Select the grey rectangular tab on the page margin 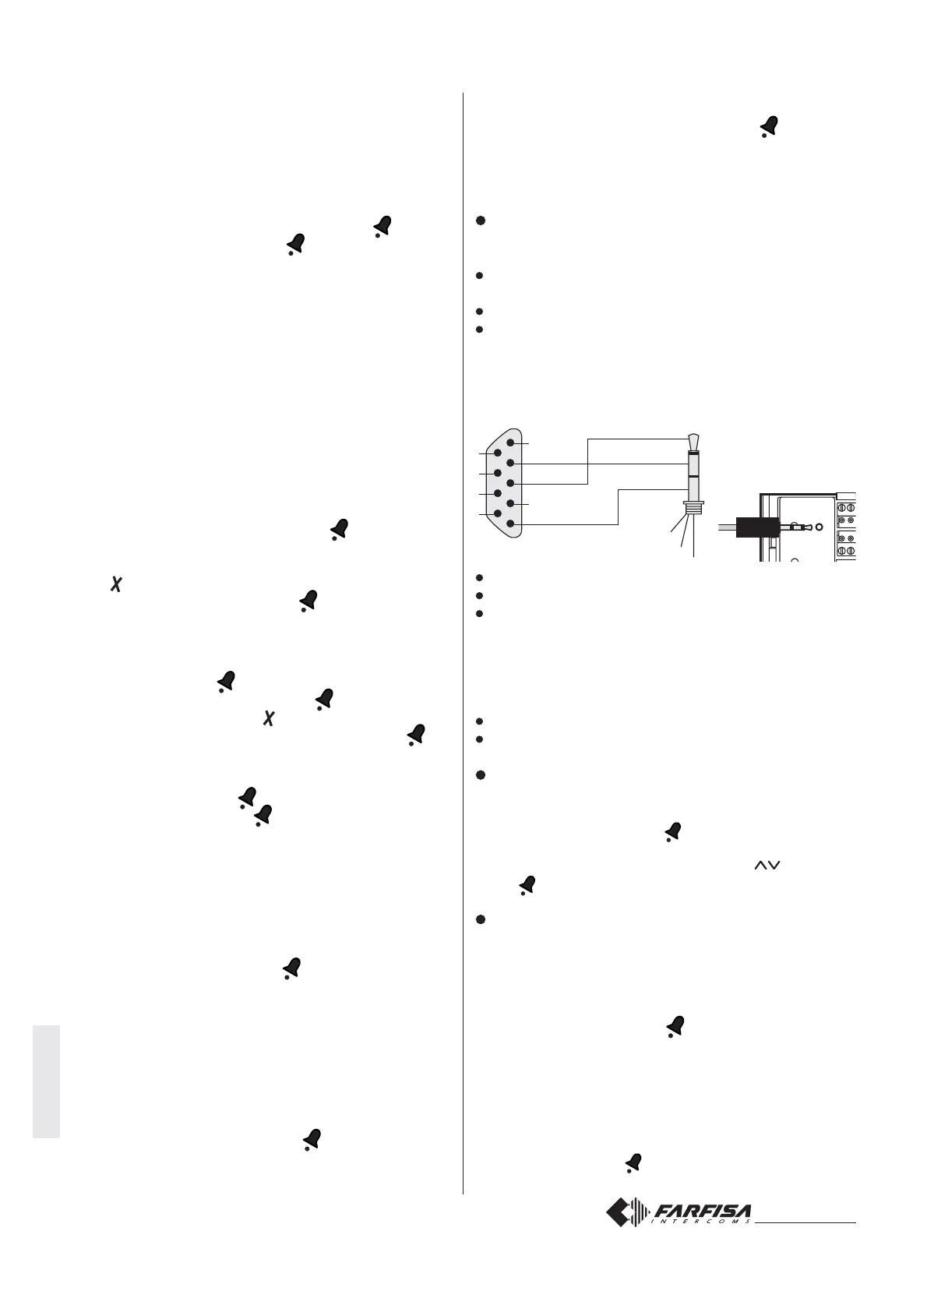(46, 1083)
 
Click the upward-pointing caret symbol (760, 866)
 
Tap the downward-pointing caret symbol (776, 866)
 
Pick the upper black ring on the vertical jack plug (694, 453)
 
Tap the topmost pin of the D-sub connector (510, 443)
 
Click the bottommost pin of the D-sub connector (510, 524)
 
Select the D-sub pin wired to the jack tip (510, 483)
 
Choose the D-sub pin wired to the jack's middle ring (510, 463)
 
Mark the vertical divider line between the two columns (463, 623)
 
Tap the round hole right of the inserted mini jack (818, 527)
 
